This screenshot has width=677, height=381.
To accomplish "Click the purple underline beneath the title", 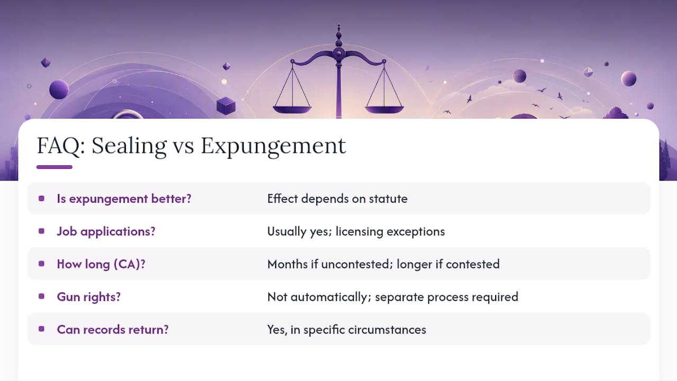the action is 54,167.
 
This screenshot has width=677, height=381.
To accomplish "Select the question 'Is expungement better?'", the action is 124,199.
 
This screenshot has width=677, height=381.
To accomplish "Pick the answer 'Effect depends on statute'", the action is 337,198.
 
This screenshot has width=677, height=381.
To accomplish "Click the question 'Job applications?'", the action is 106,232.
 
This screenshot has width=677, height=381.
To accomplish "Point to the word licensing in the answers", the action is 359,232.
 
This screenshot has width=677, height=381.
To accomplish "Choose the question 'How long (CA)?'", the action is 101,264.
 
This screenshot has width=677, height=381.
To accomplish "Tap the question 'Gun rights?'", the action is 88,297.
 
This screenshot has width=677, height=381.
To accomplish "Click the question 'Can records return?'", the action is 113,330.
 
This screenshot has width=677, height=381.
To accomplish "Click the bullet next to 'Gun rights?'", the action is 42,296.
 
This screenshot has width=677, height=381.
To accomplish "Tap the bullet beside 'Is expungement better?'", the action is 42,198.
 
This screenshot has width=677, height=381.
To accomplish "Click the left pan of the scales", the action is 292,110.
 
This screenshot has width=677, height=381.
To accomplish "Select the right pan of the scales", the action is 385,110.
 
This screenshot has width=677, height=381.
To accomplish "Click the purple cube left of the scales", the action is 226,106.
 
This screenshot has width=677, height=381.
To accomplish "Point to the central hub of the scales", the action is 339,53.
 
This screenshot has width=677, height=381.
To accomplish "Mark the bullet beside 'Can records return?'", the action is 42,329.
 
